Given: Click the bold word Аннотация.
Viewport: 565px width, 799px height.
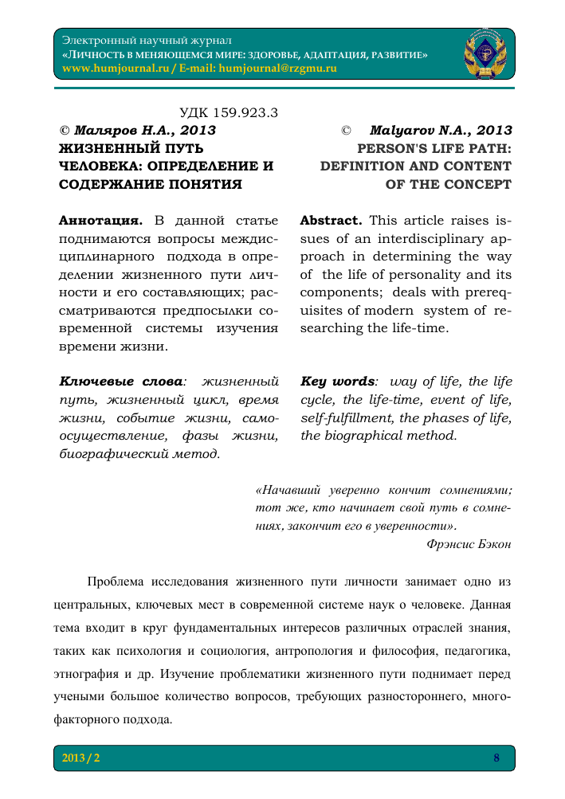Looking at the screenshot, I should [x=101, y=219].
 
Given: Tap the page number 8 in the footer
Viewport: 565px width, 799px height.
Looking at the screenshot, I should [x=496, y=758].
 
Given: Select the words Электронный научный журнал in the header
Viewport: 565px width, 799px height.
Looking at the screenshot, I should [x=147, y=39].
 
